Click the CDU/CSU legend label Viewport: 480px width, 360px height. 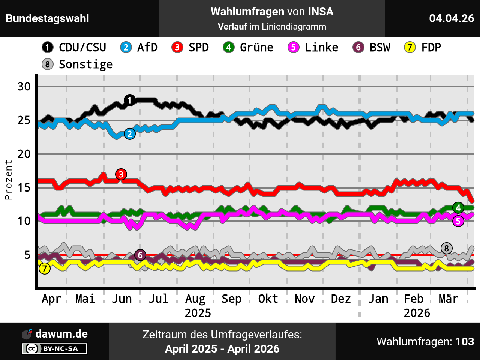click(x=82, y=48)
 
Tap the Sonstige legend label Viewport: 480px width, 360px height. click(x=85, y=64)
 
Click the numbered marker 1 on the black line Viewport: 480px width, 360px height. click(x=129, y=100)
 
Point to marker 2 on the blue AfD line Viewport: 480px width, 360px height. click(x=130, y=134)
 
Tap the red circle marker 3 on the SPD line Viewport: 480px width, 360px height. click(x=121, y=174)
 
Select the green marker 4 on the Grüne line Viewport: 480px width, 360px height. click(x=458, y=208)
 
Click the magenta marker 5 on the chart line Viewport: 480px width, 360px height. click(x=458, y=221)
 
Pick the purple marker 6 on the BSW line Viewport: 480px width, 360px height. click(x=140, y=255)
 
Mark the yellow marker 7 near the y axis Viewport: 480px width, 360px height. click(x=45, y=268)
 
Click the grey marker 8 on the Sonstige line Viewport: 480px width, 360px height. click(x=446, y=248)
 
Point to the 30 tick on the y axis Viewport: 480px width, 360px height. click(x=24, y=87)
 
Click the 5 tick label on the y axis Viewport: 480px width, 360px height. click(x=27, y=255)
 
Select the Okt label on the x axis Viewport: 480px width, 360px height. click(x=268, y=299)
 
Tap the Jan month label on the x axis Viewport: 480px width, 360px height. click(x=378, y=299)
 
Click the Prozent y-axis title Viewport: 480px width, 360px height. click(x=8, y=180)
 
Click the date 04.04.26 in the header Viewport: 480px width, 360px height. click(x=451, y=18)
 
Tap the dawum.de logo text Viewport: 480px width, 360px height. click(x=61, y=334)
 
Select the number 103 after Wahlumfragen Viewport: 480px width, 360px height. click(x=465, y=342)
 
